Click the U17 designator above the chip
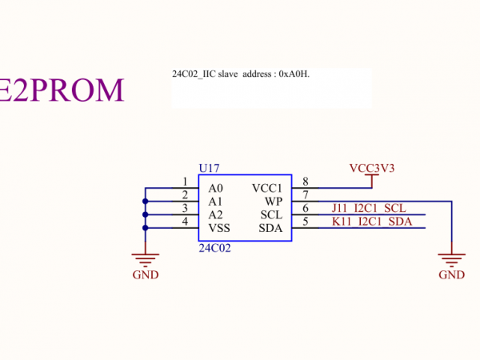pyautogui.click(x=209, y=168)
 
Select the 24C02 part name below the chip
pyautogui.click(x=214, y=249)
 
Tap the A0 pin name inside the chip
pyautogui.click(x=215, y=188)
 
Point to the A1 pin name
pyautogui.click(x=215, y=202)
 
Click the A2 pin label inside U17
pyautogui.click(x=215, y=215)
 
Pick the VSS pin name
pyautogui.click(x=218, y=229)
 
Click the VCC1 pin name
pyautogui.click(x=267, y=188)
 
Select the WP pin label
pyautogui.click(x=274, y=202)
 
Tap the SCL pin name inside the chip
pyautogui.click(x=271, y=215)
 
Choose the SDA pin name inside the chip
pyautogui.click(x=270, y=229)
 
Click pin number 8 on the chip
pyautogui.click(x=306, y=182)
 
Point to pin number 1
pyautogui.click(x=185, y=182)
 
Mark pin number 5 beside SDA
pyautogui.click(x=306, y=222)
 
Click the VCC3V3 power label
pyautogui.click(x=372, y=168)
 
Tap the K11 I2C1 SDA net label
pyautogui.click(x=371, y=222)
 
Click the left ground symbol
pyautogui.click(x=145, y=258)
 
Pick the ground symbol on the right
pyautogui.click(x=452, y=258)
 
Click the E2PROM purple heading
pyautogui.click(x=62, y=90)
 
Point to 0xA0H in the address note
pyautogui.click(x=293, y=74)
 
